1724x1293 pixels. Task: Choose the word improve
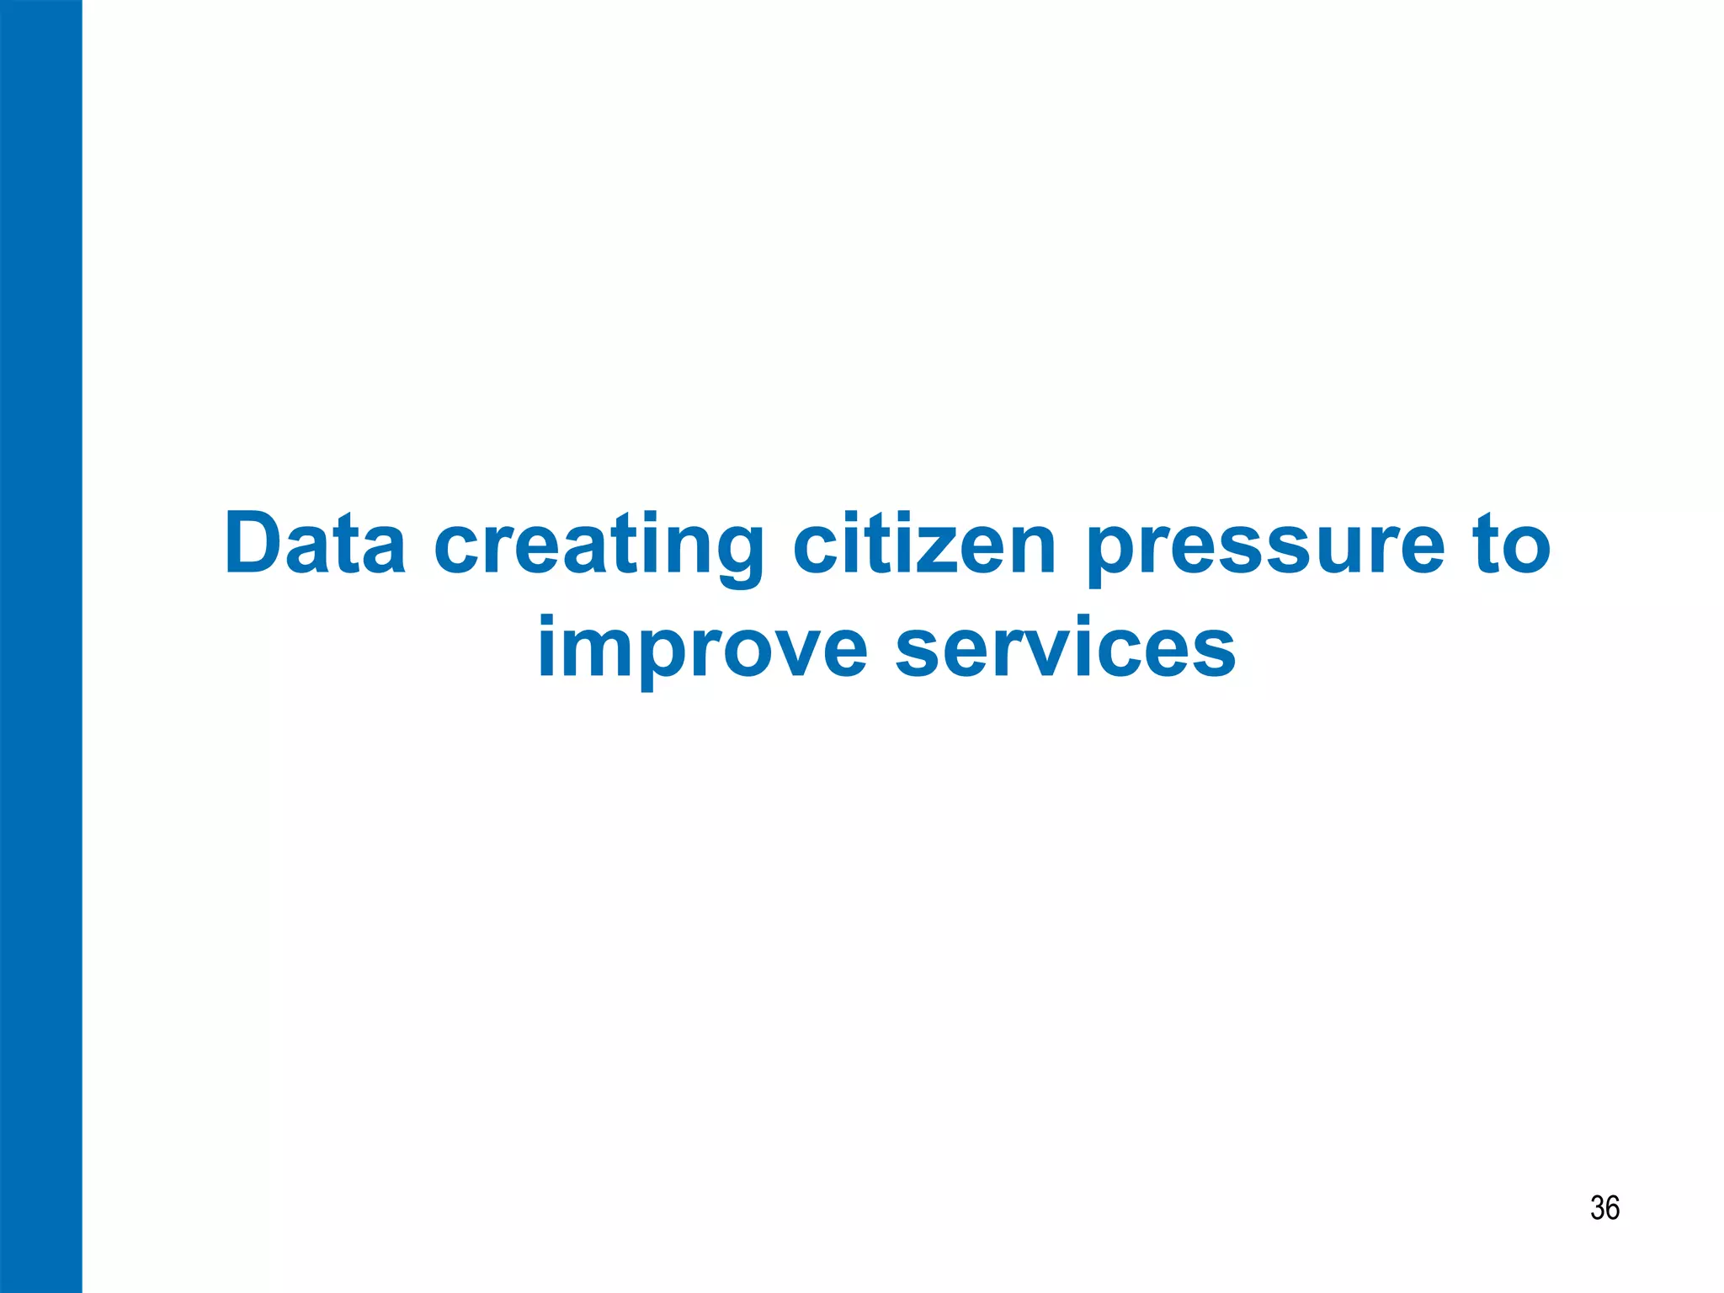click(x=702, y=648)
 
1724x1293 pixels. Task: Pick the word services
click(x=1065, y=648)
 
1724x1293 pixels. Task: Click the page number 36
click(x=1604, y=1208)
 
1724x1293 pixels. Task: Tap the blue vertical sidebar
click(x=40, y=646)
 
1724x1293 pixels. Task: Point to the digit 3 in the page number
click(x=1597, y=1208)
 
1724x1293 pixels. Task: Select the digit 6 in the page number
click(x=1612, y=1208)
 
